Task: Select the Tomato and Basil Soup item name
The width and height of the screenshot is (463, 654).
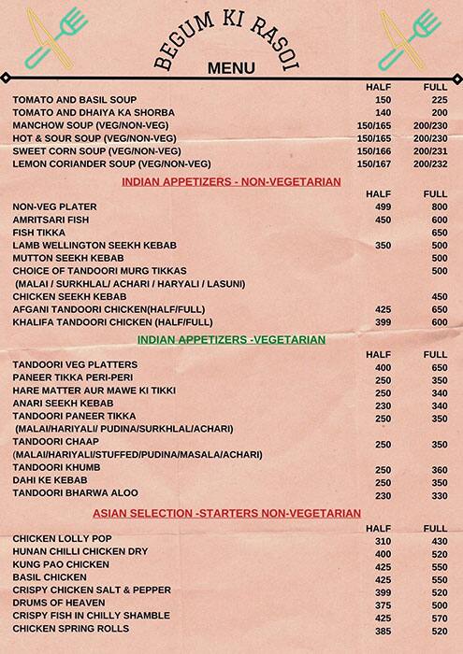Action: tap(75, 99)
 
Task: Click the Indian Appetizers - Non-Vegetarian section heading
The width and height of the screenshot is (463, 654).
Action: tap(231, 181)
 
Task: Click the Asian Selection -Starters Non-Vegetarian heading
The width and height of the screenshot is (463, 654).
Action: tap(226, 514)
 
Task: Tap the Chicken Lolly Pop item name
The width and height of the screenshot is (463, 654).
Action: tap(63, 540)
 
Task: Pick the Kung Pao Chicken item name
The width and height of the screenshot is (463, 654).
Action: tap(62, 565)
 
